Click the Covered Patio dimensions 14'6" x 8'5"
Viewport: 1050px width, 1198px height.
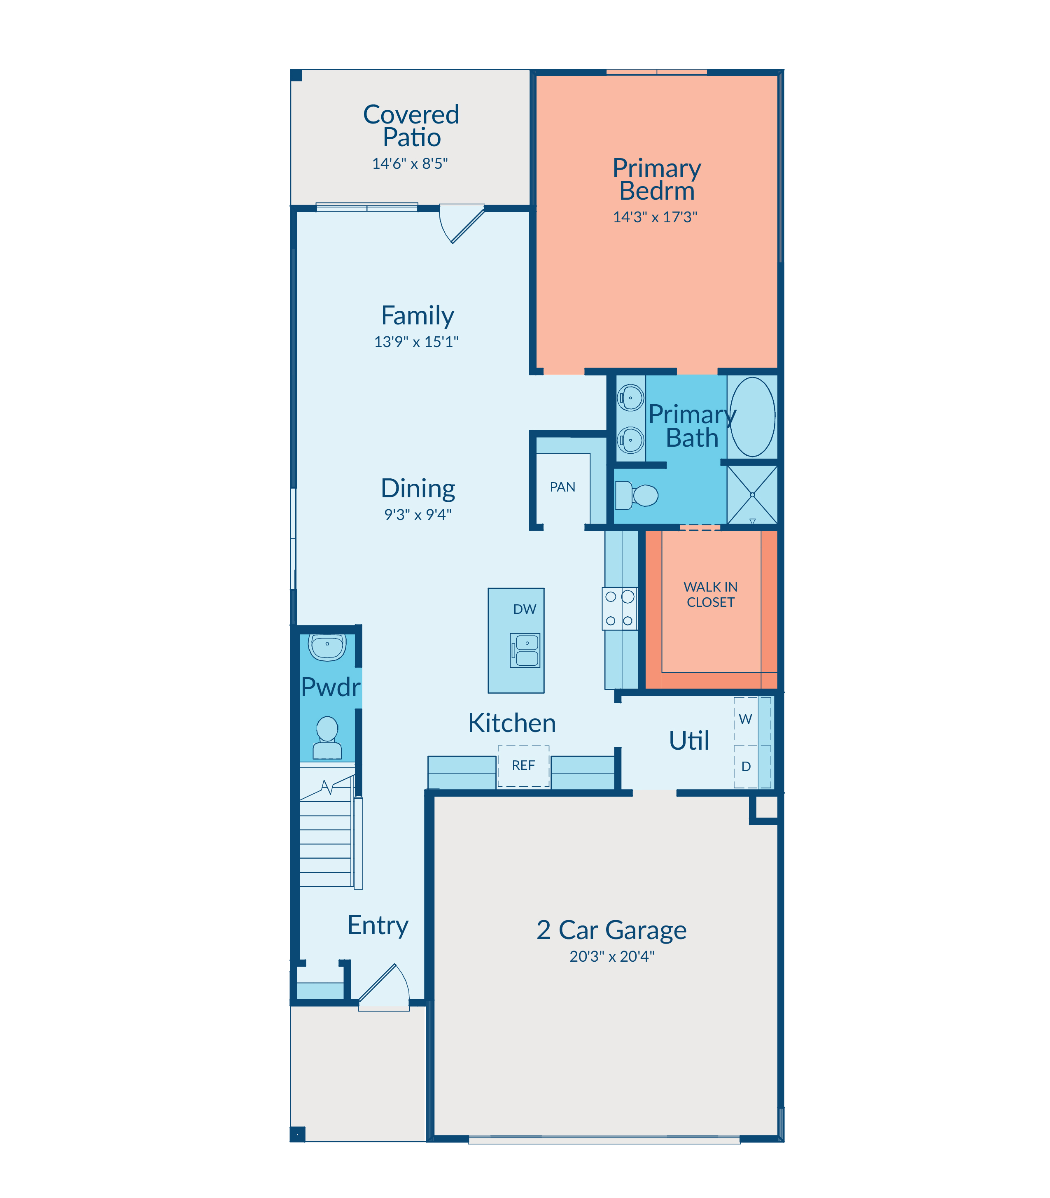pyautogui.click(x=410, y=163)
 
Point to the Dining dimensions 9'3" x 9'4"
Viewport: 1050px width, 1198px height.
pyautogui.click(x=418, y=514)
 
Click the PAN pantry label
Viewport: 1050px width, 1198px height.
pyautogui.click(x=562, y=487)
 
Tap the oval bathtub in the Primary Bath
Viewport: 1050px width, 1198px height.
pyautogui.click(x=752, y=417)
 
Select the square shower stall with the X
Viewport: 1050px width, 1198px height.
pyautogui.click(x=752, y=495)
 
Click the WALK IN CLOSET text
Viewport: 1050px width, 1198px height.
pyautogui.click(x=710, y=594)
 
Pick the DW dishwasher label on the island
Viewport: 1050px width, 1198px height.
pyautogui.click(x=525, y=609)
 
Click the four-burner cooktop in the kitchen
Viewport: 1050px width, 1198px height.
pyautogui.click(x=619, y=608)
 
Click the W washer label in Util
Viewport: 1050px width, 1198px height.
pyautogui.click(x=745, y=719)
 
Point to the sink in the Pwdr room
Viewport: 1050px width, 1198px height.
pyautogui.click(x=327, y=647)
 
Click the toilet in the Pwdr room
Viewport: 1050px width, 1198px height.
pyautogui.click(x=327, y=738)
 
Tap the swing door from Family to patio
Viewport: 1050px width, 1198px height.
pyautogui.click(x=462, y=223)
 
